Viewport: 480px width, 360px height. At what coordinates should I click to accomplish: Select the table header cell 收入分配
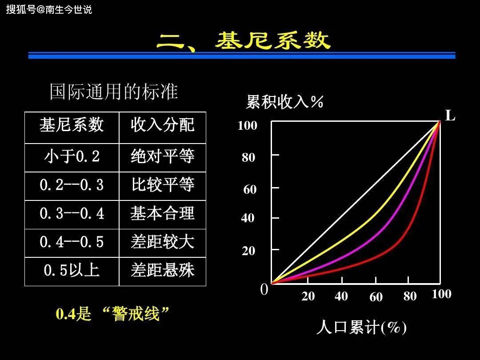pos(163,125)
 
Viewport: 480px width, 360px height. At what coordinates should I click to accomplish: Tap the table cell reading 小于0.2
pos(72,156)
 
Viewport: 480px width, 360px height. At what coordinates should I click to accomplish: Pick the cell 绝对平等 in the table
pos(163,156)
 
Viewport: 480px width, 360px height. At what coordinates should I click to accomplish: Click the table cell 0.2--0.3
pos(72,185)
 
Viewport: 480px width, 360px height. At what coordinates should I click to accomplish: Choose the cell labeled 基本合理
pos(163,213)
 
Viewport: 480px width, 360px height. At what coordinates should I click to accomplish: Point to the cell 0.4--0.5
pos(72,242)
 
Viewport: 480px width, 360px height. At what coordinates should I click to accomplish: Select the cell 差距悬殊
pos(163,270)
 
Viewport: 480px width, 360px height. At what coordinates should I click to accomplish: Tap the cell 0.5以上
pos(72,270)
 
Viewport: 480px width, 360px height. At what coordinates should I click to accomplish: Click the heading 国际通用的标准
pos(114,92)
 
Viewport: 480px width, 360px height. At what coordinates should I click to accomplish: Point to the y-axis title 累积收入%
pos(284,102)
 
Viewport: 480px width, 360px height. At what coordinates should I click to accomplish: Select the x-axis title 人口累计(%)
pos(361,328)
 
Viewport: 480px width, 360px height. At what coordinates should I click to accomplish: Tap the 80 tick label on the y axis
pos(248,157)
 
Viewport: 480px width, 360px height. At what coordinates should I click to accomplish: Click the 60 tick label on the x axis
pos(376,297)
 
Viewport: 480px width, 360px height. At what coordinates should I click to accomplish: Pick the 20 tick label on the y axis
pos(248,251)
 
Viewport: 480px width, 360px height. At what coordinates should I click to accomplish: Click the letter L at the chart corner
pos(450,116)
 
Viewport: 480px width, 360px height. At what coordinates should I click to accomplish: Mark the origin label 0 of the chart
pos(264,290)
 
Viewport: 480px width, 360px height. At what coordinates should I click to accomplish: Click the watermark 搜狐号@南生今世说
pos(49,9)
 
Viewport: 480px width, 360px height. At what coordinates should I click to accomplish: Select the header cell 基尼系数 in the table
pos(72,125)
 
